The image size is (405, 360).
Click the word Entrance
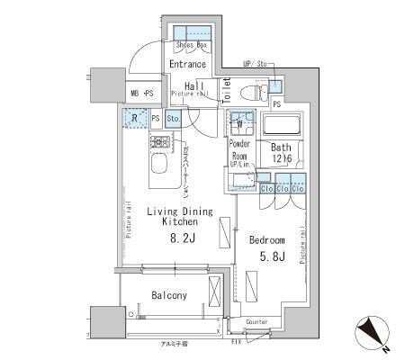pos(187,64)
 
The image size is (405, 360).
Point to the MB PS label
pos(142,93)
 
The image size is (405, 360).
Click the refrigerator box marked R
pos(134,117)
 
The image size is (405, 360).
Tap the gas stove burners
pos(161,142)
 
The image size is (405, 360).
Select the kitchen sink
pos(158,166)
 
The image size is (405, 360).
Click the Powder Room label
pos(239,149)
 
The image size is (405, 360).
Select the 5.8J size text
pos(267,258)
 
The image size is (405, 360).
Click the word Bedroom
pos(267,240)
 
